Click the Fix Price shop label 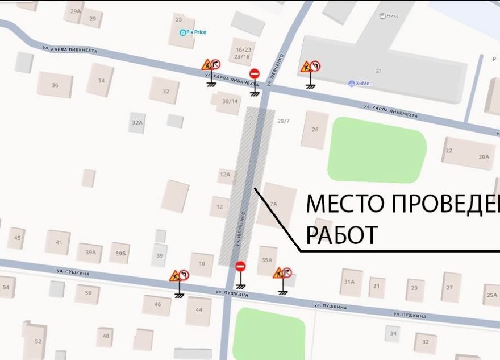click(x=193, y=32)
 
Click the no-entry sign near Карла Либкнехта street click(x=255, y=74)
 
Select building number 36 click(x=55, y=85)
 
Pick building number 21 click(x=379, y=71)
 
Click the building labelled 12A click(x=224, y=174)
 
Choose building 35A click(x=267, y=260)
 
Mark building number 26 click(x=315, y=129)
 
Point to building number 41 click(x=59, y=242)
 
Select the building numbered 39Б click(x=119, y=253)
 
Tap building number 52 click(x=38, y=341)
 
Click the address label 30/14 click(x=230, y=101)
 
